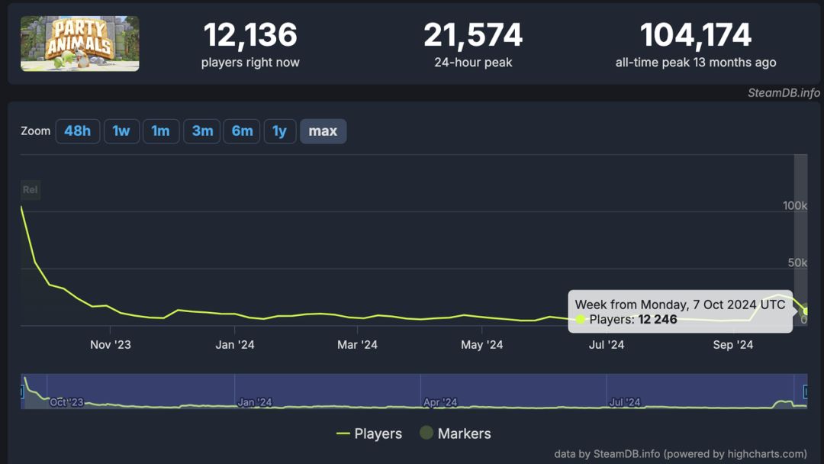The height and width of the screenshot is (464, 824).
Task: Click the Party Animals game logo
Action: click(x=80, y=43)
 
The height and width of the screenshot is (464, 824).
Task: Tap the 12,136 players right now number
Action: click(x=250, y=35)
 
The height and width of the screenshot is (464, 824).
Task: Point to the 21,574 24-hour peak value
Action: click(x=473, y=35)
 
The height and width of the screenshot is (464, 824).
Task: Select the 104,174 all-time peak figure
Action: click(x=695, y=35)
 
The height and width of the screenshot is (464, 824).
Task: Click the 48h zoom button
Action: click(x=77, y=131)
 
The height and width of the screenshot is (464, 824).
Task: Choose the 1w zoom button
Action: click(x=121, y=131)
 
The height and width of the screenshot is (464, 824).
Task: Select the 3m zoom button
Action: click(x=202, y=131)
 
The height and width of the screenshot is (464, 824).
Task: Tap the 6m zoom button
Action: click(x=242, y=131)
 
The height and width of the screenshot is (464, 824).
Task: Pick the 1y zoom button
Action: click(x=280, y=131)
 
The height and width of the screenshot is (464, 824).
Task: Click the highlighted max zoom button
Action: click(x=323, y=131)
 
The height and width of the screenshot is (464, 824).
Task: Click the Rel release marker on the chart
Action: click(x=30, y=190)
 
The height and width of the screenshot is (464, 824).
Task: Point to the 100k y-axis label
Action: click(x=795, y=205)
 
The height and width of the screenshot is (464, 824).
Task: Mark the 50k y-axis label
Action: click(x=797, y=263)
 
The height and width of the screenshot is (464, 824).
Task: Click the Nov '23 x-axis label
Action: click(x=111, y=345)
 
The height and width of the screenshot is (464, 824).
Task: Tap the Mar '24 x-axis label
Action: click(x=358, y=345)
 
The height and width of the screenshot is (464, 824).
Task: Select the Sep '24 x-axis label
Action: click(x=733, y=345)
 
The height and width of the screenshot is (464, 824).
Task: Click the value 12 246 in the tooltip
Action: click(x=658, y=319)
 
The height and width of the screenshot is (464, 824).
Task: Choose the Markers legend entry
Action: click(x=455, y=433)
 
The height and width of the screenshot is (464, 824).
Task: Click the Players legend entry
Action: click(x=369, y=433)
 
